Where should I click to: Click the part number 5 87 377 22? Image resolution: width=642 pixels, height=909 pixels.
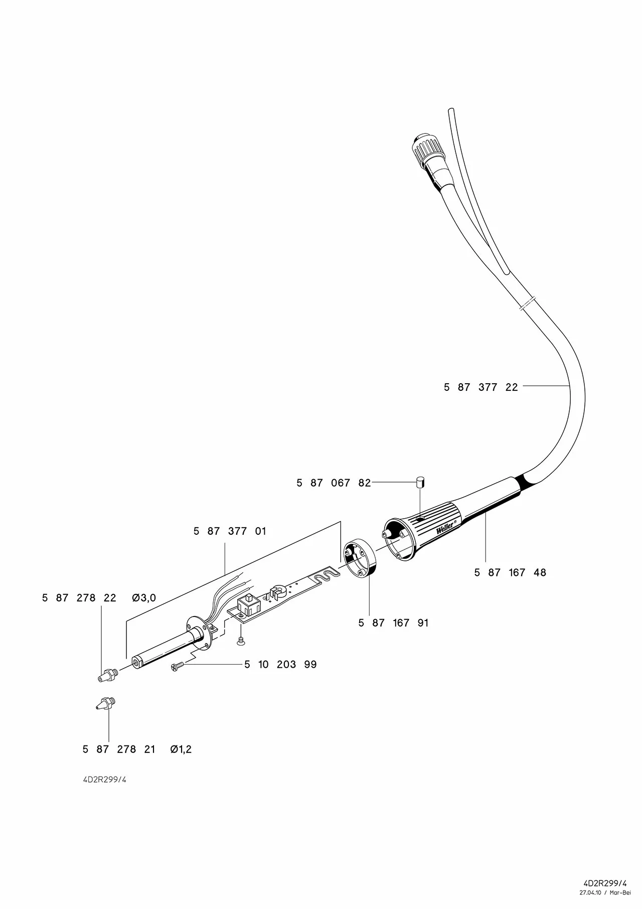click(480, 387)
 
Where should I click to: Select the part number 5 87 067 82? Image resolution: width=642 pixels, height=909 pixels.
click(334, 483)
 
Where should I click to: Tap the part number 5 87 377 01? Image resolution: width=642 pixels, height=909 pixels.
click(230, 531)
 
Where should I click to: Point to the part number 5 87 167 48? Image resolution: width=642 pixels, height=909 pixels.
click(510, 572)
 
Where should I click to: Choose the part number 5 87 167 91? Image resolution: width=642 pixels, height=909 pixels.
click(393, 623)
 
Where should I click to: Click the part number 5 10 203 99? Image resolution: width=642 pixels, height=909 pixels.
click(280, 665)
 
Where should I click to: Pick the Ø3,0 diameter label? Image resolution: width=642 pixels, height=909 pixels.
click(144, 598)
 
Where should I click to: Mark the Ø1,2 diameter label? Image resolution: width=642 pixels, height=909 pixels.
click(181, 749)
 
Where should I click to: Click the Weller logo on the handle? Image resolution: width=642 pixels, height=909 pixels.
click(445, 528)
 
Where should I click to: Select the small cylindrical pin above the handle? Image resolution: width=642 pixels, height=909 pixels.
click(420, 483)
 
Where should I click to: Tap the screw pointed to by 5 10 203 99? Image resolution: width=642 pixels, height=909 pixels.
click(178, 666)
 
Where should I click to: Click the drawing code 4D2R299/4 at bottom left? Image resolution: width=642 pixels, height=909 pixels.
click(104, 780)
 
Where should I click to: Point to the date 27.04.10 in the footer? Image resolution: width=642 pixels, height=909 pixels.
click(590, 892)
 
